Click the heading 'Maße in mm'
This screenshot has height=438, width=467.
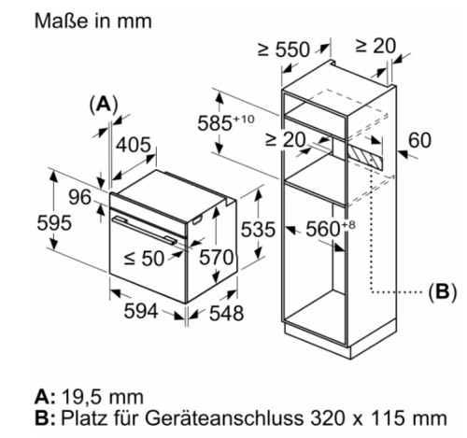click(x=93, y=21)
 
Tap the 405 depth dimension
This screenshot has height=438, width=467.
click(x=134, y=145)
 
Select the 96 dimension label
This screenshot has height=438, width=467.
click(x=79, y=197)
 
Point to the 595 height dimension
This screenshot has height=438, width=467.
click(x=54, y=223)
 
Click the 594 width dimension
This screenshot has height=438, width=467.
click(x=141, y=311)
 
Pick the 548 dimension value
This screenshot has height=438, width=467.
click(x=226, y=313)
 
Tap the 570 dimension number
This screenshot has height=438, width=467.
click(x=216, y=258)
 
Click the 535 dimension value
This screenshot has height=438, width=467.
click(x=258, y=230)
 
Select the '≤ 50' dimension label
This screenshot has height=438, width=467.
click(x=144, y=259)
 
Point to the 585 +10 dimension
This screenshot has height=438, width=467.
click(x=226, y=122)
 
